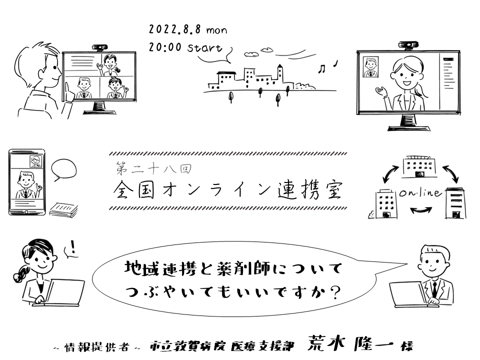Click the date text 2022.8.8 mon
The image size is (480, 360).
point(187,30)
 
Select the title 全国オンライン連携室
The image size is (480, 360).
point(227,190)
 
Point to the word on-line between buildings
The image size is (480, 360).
point(419,193)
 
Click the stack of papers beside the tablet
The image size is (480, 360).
point(63,209)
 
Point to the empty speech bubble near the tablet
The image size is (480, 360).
point(63,170)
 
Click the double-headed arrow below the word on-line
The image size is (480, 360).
point(419,210)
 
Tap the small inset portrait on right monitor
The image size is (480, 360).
point(370,67)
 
